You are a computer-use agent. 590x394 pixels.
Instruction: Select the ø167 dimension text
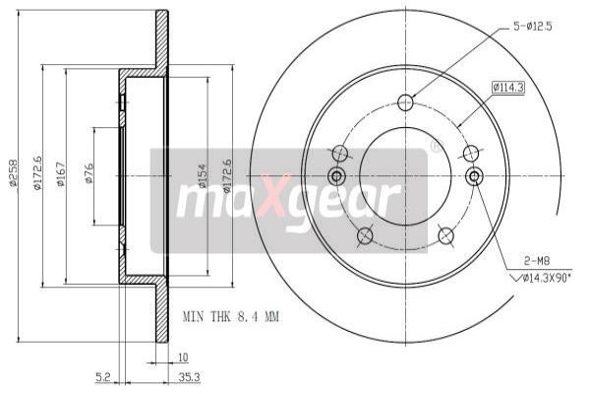tap(60, 176)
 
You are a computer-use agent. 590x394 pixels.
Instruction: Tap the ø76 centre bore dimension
tap(88, 176)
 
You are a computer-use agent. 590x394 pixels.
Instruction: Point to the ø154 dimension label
tap(202, 176)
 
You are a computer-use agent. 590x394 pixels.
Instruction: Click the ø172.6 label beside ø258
tap(37, 176)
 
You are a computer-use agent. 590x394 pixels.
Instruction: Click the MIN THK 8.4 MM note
tap(232, 317)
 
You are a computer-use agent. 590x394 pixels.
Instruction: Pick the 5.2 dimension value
tap(103, 375)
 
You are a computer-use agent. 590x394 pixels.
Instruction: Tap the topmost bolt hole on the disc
tap(405, 102)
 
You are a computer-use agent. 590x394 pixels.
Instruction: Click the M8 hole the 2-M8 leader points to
tap(473, 176)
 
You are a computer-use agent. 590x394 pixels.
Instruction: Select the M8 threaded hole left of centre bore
tap(336, 176)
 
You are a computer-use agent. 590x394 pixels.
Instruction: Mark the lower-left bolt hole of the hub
tap(365, 235)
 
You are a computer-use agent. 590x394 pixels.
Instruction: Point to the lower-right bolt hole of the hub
tap(444, 235)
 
